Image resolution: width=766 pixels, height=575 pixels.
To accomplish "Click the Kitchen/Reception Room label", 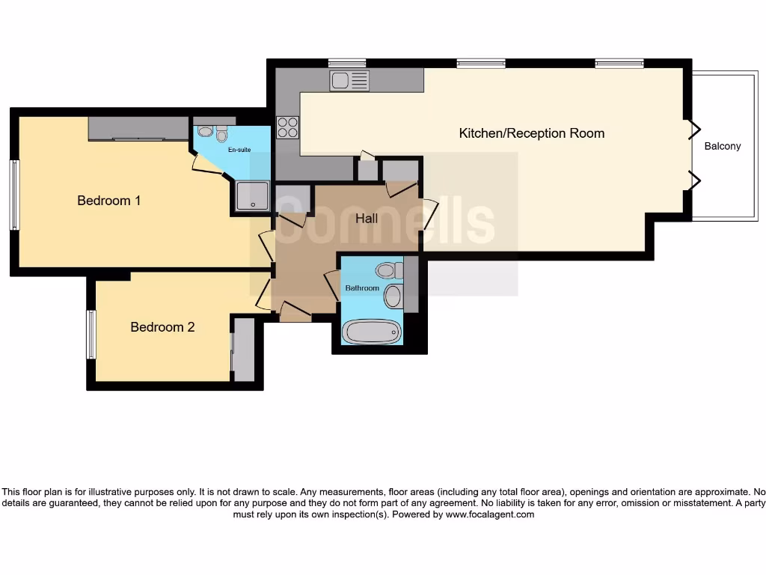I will coord(531,133).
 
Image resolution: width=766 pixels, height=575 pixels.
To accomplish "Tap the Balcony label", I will coord(723,146).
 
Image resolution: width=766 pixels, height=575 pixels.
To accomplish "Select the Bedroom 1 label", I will coord(109,201).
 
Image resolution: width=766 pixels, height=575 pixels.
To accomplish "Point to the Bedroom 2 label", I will coord(162,327).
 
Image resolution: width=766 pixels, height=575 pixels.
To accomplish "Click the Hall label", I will coord(367,219).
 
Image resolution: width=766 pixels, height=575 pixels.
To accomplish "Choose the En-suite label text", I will coord(239,150).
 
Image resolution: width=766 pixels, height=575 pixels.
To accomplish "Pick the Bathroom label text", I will coord(362,287).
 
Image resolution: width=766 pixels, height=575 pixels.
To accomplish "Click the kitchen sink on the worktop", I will coord(349,79).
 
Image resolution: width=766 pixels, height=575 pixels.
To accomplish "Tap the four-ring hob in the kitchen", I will coord(288,128).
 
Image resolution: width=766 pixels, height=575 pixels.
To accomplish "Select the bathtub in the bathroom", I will coord(372,332).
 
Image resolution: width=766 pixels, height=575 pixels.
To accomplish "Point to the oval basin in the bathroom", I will coord(393,296).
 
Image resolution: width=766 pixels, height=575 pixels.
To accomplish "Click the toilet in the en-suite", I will coord(221,135).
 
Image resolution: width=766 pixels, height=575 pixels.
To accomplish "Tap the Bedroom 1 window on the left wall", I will coord(14,195).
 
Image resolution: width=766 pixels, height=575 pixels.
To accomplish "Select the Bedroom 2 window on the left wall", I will coord(91,334).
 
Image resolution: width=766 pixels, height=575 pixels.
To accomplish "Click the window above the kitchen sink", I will coord(347,64).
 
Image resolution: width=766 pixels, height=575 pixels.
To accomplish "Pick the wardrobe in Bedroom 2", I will coord(243,350).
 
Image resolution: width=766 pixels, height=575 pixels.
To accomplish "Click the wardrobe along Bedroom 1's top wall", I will coord(138,129).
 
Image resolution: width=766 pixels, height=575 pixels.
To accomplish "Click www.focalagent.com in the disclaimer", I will coord(490,514).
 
